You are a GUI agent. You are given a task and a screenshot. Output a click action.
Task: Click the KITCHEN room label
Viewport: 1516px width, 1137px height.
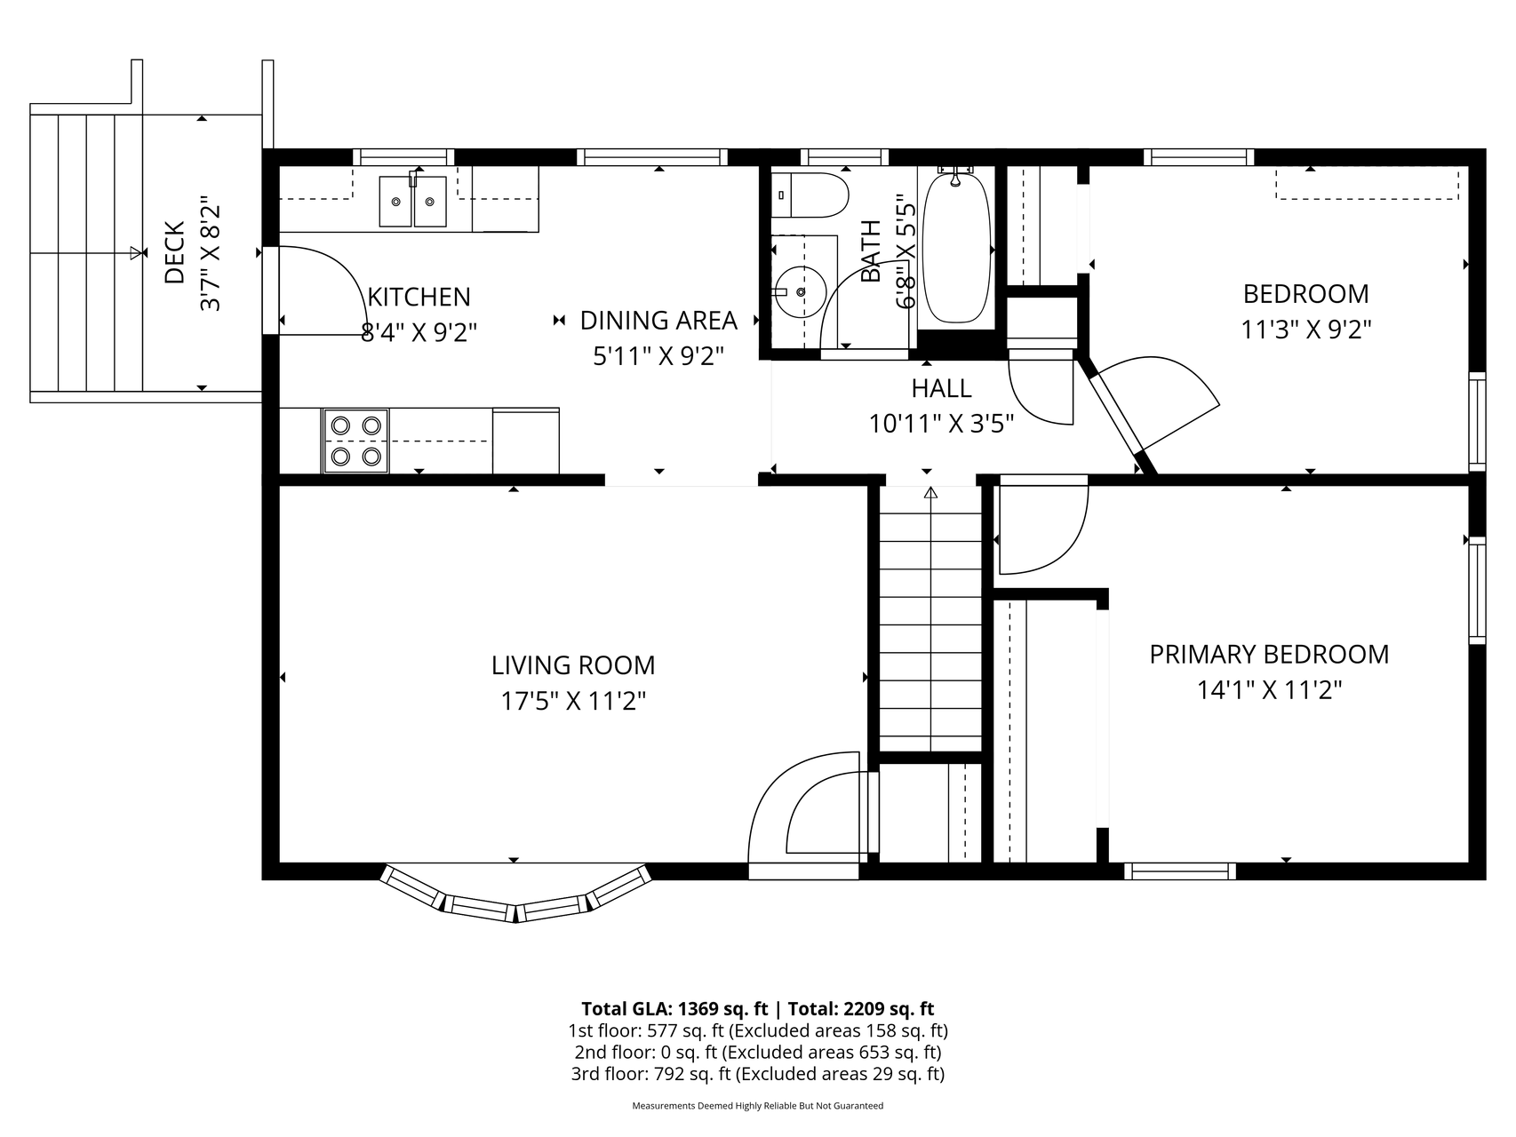pos(419,297)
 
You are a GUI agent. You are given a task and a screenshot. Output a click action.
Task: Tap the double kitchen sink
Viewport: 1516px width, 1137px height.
pos(412,202)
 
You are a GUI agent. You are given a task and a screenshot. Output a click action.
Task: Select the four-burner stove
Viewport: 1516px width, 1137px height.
pos(355,441)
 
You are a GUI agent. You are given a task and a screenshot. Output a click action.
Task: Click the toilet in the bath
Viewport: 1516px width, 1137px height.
pos(810,195)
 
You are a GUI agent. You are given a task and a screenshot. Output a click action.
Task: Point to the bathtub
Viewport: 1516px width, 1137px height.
pos(956,249)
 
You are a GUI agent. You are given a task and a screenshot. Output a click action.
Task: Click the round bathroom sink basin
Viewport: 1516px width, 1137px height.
pos(800,291)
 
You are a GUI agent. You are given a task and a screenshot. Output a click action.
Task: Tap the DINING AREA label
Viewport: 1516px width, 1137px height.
pos(658,320)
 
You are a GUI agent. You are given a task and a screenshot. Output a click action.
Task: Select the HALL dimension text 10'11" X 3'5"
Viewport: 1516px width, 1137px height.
pos(941,424)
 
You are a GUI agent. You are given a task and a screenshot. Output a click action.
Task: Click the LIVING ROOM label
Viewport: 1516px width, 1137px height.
pos(573,665)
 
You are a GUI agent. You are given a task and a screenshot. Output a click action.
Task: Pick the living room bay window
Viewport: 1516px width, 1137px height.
pos(515,897)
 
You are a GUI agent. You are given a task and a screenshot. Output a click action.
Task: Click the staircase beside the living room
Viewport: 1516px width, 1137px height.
pos(930,622)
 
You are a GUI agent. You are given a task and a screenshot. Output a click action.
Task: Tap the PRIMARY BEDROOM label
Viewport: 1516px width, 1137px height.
pos(1269,655)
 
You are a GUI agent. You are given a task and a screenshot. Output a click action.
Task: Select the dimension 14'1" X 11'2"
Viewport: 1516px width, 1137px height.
pos(1269,690)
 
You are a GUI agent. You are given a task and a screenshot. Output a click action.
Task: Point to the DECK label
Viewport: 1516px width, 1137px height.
pos(174,253)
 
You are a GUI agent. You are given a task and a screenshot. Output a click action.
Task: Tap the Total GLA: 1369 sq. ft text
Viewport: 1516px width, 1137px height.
pos(674,1009)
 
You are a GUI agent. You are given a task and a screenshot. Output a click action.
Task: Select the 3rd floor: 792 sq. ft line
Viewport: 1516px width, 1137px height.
pos(757,1074)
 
